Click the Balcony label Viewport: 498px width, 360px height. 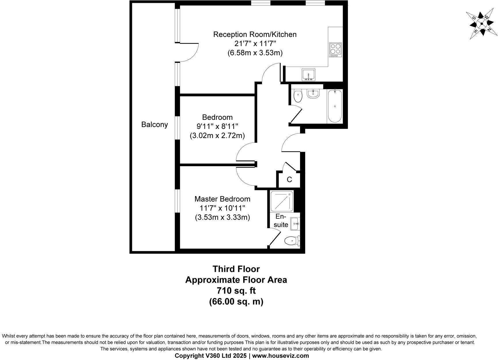tap(154, 125)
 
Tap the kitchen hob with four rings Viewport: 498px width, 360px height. tap(335, 50)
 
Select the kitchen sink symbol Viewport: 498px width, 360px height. tap(309, 75)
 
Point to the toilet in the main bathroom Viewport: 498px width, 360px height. tap(298, 96)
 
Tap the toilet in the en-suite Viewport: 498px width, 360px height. tap(292, 240)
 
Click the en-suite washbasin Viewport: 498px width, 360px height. tap(295, 224)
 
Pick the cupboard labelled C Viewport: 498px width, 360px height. tap(289, 180)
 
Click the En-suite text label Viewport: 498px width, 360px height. tap(281, 221)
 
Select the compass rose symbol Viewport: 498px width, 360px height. tap(481, 24)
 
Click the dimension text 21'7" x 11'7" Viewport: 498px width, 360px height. tap(255, 44)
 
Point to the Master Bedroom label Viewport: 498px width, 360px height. tap(222, 199)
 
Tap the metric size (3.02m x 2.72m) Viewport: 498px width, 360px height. tap(217, 136)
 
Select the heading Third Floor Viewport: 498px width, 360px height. tap(236, 269)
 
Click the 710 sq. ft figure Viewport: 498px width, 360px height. tap(236, 290)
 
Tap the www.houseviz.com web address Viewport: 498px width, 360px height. tap(280, 356)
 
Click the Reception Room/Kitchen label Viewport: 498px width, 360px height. tap(255, 34)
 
